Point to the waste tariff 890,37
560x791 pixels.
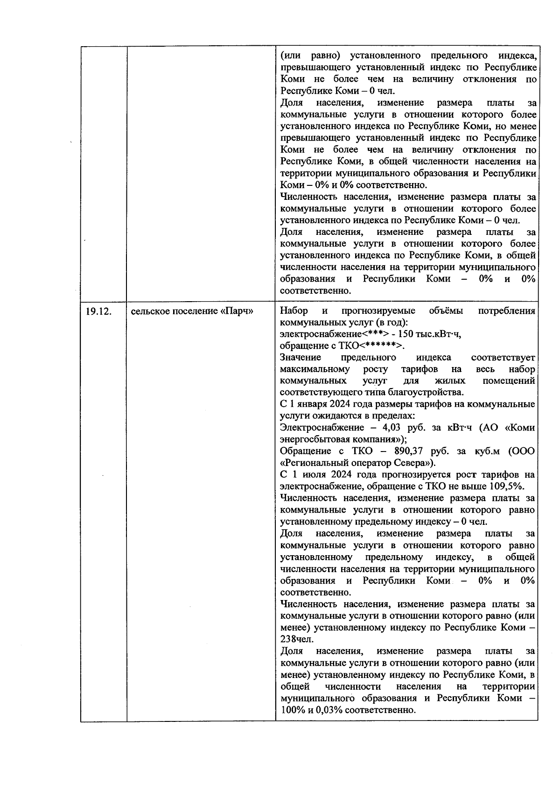coord(410,451)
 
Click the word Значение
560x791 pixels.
coord(301,358)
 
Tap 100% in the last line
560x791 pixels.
coord(292,710)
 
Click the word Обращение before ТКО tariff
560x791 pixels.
coord(305,451)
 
